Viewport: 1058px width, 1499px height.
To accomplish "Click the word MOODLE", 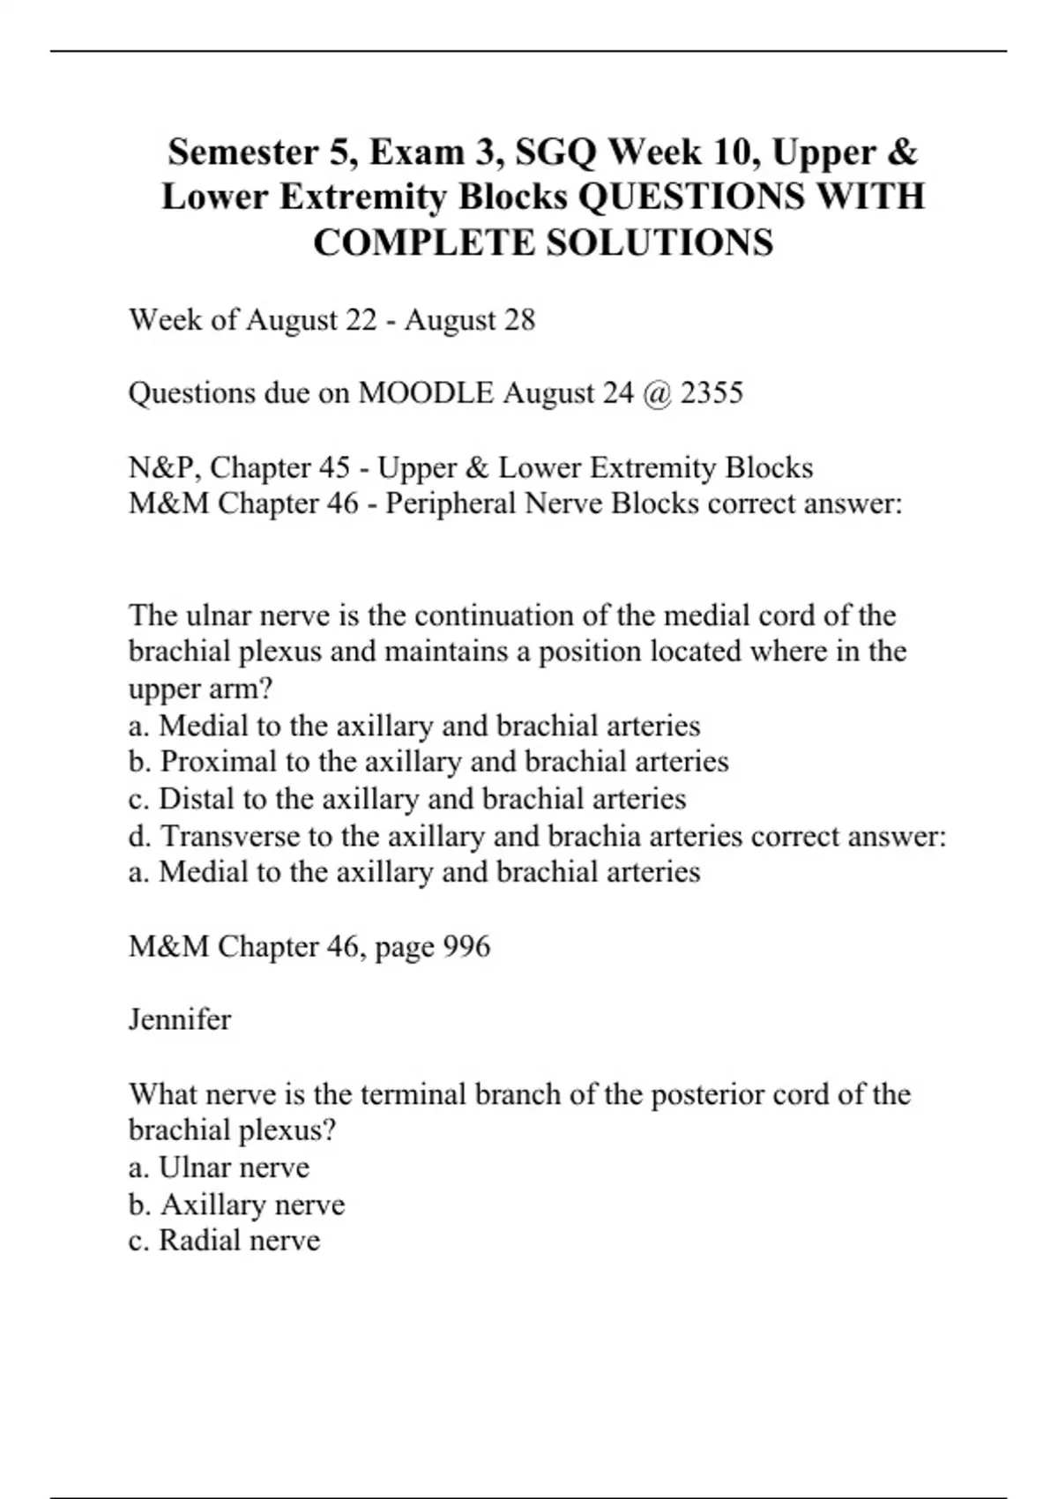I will (x=426, y=392).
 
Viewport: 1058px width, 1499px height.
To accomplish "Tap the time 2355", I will (x=712, y=392).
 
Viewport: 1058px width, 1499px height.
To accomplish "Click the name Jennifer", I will (x=180, y=1019).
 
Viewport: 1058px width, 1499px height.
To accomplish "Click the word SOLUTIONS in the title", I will (x=659, y=242).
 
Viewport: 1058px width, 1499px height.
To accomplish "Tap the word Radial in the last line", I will (x=198, y=1240).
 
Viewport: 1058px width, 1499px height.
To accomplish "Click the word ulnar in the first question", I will (x=223, y=615).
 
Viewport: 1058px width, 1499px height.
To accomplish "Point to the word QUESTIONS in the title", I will (x=689, y=197).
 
